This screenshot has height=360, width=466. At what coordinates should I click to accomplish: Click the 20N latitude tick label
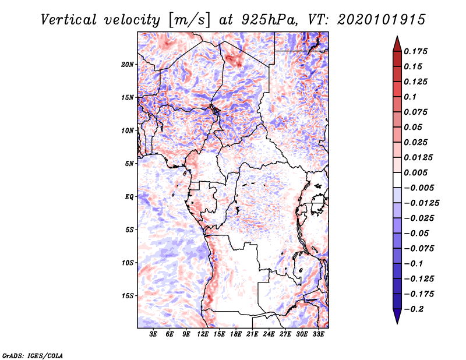(127, 65)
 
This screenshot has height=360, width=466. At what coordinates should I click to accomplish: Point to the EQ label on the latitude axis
(129, 197)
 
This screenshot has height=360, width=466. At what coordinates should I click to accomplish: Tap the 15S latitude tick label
(127, 296)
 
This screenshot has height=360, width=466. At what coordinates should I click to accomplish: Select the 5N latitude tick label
(129, 164)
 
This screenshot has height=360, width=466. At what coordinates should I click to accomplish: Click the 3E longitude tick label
(153, 334)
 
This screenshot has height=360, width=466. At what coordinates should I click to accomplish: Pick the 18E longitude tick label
(236, 334)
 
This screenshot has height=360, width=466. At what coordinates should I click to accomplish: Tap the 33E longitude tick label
(318, 334)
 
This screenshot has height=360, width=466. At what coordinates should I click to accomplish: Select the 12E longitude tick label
(203, 334)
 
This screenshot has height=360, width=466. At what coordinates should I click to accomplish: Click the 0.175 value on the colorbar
(415, 51)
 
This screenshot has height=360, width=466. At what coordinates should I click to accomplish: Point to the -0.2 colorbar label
(414, 309)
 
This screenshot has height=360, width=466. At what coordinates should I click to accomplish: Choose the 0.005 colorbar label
(415, 172)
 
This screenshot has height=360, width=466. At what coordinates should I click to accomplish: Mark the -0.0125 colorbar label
(421, 203)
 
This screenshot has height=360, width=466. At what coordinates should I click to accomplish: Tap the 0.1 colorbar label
(410, 97)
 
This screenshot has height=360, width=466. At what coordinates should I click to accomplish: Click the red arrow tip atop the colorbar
(397, 37)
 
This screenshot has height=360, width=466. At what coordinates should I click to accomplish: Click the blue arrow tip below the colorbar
(397, 323)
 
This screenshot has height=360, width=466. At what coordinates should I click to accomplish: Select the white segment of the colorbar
(397, 180)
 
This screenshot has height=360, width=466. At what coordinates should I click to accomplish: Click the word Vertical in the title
(68, 20)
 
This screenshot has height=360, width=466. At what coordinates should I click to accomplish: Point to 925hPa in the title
(269, 20)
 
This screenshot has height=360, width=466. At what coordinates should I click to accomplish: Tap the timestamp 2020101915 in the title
(382, 20)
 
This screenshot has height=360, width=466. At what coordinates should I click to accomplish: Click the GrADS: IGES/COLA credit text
(33, 355)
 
